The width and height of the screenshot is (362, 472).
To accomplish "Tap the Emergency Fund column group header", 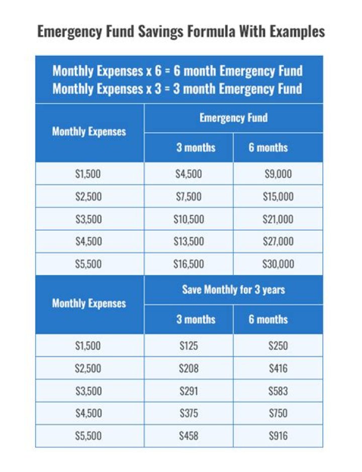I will click(233, 118).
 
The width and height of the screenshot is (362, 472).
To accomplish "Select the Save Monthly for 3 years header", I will click(233, 290).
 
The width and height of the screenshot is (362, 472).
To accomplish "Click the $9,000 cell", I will click(278, 174).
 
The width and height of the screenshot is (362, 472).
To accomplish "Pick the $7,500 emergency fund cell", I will click(189, 197).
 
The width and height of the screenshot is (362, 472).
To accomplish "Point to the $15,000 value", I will click(278, 197).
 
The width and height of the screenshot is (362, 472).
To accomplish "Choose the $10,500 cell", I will click(189, 219).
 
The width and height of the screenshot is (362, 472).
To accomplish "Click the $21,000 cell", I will click(278, 219).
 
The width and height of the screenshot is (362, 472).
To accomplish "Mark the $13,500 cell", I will click(189, 242).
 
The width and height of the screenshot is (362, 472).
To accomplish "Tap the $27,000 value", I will click(278, 242).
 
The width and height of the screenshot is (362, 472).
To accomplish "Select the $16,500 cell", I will click(189, 264).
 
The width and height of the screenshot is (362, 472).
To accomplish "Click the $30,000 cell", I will click(278, 264).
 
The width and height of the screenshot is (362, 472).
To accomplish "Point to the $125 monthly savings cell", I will click(189, 346).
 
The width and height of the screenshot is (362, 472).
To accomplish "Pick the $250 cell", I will click(278, 346).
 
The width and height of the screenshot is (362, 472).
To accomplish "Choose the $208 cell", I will click(189, 368).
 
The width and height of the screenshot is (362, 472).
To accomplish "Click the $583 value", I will click(278, 391).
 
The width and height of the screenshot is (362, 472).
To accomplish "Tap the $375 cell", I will click(189, 414).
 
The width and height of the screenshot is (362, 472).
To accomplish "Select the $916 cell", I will click(278, 436).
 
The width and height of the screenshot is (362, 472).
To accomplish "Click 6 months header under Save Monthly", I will click(268, 320).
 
